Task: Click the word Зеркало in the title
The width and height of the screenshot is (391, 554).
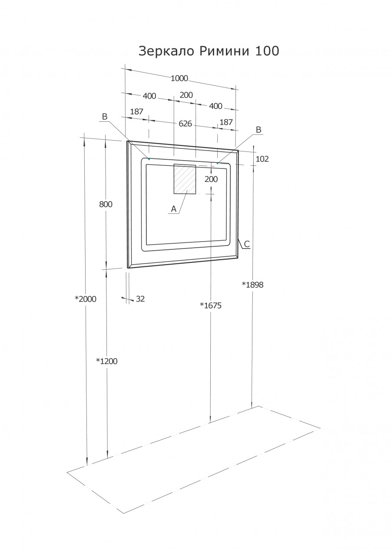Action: pos(167,51)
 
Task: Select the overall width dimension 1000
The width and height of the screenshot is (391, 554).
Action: pos(179,78)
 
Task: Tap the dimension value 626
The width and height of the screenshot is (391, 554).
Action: pos(185,124)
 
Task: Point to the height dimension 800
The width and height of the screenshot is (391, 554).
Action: pos(106,204)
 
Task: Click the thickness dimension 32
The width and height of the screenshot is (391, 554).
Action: pos(140,299)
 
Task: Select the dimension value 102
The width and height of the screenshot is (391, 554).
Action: pos(262,159)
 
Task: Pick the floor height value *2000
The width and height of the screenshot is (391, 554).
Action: pos(85,299)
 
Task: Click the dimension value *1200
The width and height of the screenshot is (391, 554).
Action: pos(106,361)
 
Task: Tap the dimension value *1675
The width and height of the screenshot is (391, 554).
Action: pos(211,306)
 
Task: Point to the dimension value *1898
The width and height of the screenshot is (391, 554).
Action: pos(252,285)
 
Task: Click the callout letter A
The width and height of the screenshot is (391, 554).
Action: pos(173,209)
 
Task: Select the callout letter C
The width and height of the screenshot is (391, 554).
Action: pos(246,244)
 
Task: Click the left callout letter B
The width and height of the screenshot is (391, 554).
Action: pos(104,117)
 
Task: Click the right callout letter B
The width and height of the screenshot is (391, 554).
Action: pos(258,130)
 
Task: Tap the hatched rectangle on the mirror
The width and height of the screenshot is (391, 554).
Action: pos(185,179)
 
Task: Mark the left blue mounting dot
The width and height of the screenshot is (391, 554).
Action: pos(149,159)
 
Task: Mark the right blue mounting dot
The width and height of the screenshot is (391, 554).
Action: pos(217,163)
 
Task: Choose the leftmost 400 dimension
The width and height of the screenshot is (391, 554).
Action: pos(149,96)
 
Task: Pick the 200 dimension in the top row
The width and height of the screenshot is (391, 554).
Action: pos(186,95)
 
